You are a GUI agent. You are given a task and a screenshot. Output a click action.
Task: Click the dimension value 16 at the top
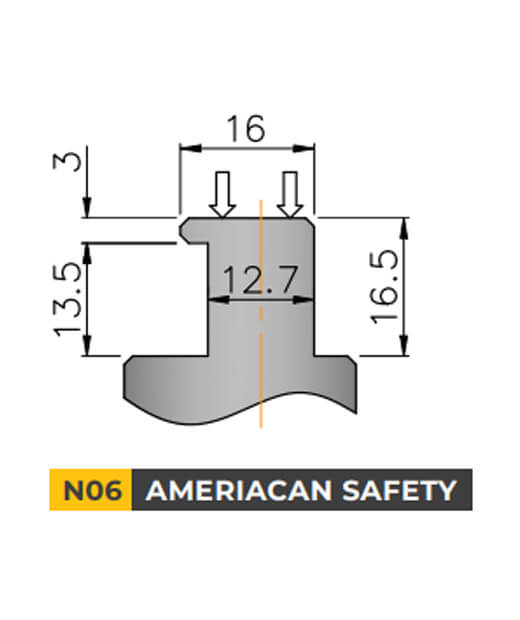[245, 129]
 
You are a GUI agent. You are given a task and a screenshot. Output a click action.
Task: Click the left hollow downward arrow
[223, 194]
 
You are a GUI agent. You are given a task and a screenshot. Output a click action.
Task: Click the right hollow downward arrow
[290, 194]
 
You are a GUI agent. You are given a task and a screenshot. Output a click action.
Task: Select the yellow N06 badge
[91, 491]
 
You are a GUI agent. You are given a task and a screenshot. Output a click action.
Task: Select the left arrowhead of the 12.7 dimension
[210, 298]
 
